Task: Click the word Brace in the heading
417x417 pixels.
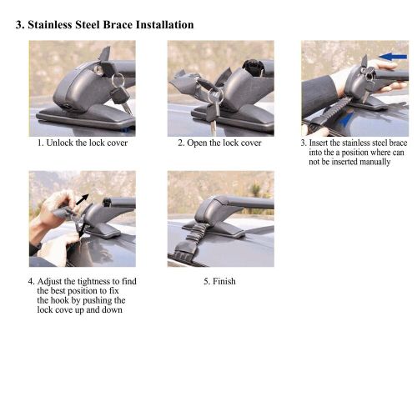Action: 120,25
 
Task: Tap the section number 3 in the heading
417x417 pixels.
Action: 19,25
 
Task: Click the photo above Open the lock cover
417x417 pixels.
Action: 220,88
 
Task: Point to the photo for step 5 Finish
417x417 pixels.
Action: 220,219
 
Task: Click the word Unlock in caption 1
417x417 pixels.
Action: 58,143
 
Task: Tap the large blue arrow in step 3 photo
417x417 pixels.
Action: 391,57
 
